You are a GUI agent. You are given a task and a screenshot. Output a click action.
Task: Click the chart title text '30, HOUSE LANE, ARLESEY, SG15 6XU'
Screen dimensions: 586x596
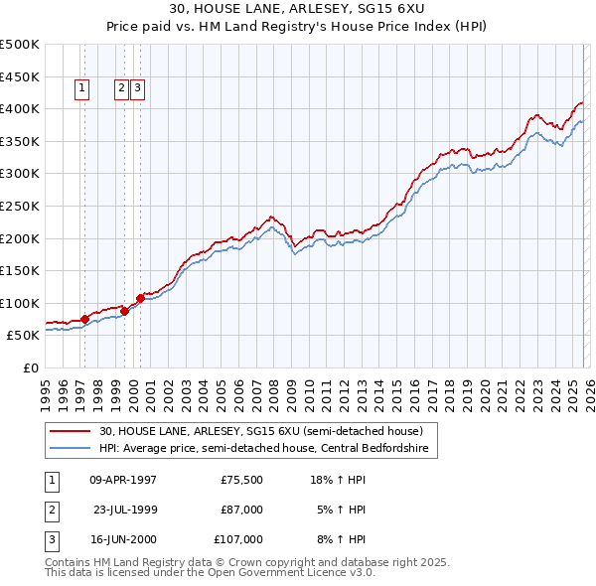coord(298,9)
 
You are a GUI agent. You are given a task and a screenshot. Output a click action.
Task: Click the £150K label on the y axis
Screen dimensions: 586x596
coord(20,270)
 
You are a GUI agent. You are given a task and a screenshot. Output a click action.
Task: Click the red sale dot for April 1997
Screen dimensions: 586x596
coord(84,319)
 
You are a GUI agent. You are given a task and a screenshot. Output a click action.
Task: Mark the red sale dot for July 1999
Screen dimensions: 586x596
coord(124,311)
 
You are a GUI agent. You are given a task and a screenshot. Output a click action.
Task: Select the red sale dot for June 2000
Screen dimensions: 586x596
coord(140,298)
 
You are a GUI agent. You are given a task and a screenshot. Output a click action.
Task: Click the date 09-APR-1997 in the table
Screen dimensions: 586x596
coord(123,480)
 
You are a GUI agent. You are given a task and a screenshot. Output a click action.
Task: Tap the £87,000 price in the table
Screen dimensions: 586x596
coord(242,510)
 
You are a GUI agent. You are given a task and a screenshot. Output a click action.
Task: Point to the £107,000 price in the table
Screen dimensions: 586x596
coord(239,539)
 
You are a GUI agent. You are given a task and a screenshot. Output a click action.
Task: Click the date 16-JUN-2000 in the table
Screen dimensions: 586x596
coord(123,539)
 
